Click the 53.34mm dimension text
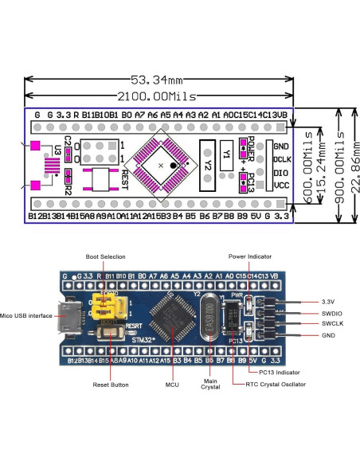[158, 80]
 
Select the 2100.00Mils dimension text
[158, 96]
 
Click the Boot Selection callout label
[105, 256]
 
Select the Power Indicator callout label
[249, 256]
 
